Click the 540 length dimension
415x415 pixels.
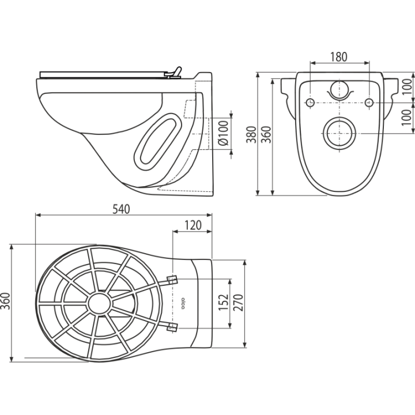click(121, 209)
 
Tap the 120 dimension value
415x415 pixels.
click(193, 225)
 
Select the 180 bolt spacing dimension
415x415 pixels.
click(339, 57)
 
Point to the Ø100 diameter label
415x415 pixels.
click(224, 133)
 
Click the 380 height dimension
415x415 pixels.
click(251, 135)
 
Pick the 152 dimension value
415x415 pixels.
click(224, 302)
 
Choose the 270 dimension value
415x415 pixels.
click(238, 303)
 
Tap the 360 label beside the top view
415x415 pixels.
click(5, 301)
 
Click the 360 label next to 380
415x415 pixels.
click(266, 135)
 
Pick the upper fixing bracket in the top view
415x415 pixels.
click(172, 280)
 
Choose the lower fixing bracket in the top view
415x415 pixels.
click(172, 327)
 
